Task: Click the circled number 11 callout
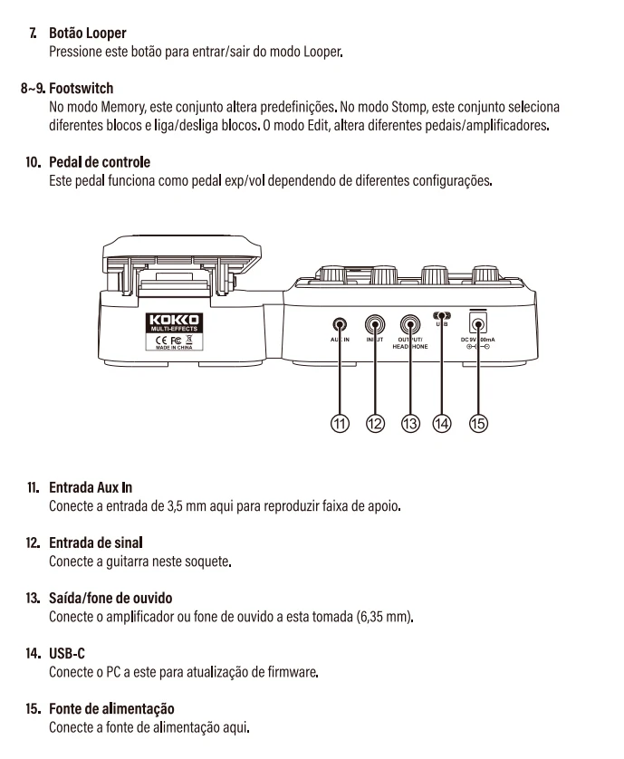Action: point(340,423)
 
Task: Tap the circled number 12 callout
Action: point(374,423)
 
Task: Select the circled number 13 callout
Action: point(409,423)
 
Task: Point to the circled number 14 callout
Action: point(443,423)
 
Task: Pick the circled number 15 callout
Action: point(478,423)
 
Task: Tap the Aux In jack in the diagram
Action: point(340,323)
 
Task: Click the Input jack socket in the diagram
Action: point(375,324)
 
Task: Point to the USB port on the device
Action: point(443,316)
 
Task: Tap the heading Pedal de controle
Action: point(100,162)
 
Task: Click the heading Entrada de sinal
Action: point(96,543)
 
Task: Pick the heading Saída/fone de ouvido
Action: point(110,599)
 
